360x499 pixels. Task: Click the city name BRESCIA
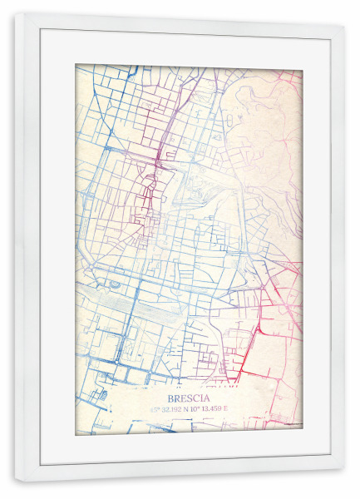coord(190,398)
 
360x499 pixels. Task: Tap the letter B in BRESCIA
coord(171,398)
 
